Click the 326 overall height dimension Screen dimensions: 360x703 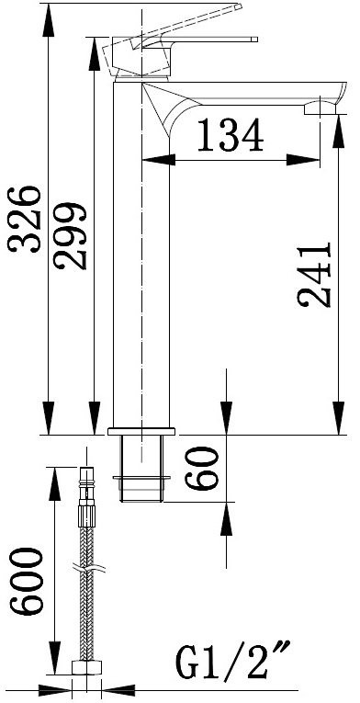(25, 219)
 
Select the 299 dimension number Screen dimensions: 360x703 (70, 236)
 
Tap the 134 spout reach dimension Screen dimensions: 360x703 (231, 134)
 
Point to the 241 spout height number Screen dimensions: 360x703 (314, 275)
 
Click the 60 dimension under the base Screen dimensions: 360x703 (202, 468)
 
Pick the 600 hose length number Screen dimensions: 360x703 (27, 581)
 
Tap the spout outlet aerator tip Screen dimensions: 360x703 (321, 108)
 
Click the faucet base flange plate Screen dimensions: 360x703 (141, 431)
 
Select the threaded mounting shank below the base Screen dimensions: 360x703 (141, 469)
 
